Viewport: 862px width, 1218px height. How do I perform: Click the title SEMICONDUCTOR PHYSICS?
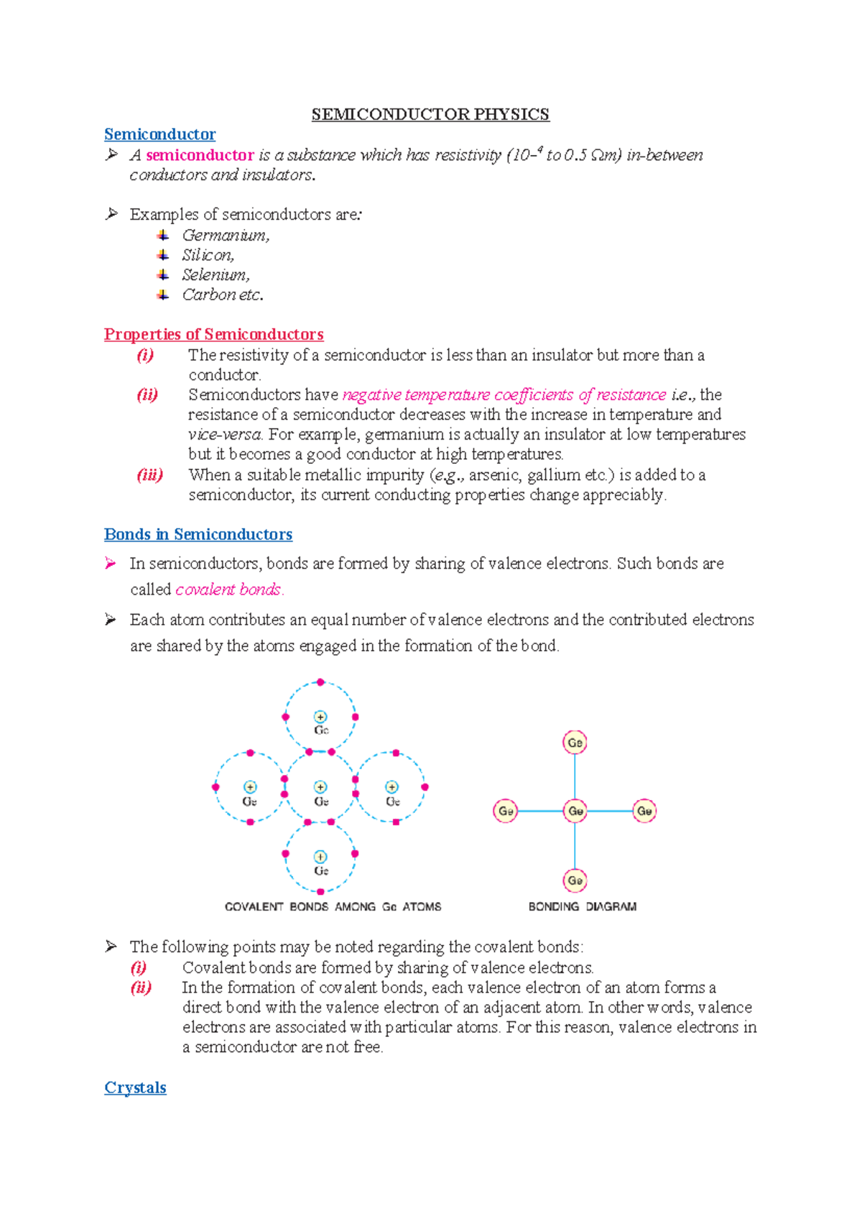(430, 114)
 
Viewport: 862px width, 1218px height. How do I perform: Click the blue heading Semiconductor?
(159, 134)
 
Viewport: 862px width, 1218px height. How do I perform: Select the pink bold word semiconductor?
(200, 155)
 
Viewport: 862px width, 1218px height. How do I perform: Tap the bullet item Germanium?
(226, 236)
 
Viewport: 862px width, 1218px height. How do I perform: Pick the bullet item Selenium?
(215, 275)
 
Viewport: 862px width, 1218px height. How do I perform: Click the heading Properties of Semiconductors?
(213, 335)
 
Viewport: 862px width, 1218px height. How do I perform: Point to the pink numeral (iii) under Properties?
(149, 475)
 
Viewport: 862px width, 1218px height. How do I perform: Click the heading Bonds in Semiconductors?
(198, 534)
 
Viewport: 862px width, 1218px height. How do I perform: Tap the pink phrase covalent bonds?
(229, 590)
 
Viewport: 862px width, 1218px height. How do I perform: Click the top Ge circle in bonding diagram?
(575, 743)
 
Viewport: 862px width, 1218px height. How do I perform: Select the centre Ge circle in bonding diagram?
(575, 811)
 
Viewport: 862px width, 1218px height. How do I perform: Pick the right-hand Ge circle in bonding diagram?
(644, 811)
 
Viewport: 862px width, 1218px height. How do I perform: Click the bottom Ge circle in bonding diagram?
(575, 880)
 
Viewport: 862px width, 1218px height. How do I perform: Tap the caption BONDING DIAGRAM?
(582, 906)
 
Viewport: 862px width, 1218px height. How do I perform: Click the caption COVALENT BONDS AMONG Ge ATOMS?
(333, 906)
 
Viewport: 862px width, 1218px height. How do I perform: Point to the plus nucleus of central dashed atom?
(320, 787)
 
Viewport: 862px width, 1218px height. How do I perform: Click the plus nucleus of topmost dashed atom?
(320, 717)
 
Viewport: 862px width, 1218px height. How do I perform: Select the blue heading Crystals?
(135, 1087)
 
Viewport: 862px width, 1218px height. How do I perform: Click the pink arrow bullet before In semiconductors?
(111, 564)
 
